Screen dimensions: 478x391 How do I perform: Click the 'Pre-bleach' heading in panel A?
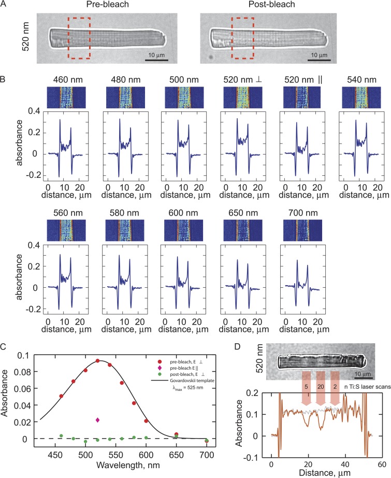click(103, 6)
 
